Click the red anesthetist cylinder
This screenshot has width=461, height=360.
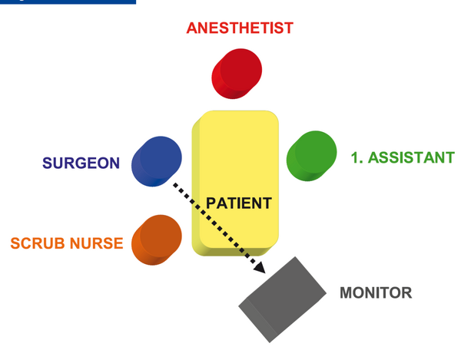(237, 74)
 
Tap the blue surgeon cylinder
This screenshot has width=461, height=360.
(157, 161)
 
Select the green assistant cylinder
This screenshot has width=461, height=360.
(312, 156)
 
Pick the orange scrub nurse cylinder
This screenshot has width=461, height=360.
(157, 240)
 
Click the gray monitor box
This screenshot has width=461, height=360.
(282, 299)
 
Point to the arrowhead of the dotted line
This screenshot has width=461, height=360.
(260, 268)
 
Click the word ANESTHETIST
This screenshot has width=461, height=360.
(240, 28)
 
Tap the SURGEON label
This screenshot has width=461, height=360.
(81, 163)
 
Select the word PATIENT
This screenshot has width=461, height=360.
(239, 203)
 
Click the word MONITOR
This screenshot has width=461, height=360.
(376, 292)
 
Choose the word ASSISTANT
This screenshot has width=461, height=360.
(411, 157)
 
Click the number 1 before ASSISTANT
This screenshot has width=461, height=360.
(356, 157)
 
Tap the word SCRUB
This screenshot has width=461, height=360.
(38, 243)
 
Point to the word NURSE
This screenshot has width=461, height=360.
(97, 243)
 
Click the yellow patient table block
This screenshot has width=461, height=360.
(235, 183)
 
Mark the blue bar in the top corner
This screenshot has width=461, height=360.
(68, 2)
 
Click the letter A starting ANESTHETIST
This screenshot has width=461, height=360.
(192, 28)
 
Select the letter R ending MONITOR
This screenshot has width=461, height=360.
(406, 292)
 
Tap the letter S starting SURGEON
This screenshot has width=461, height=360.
(48, 163)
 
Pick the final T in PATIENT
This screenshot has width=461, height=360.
(267, 203)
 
